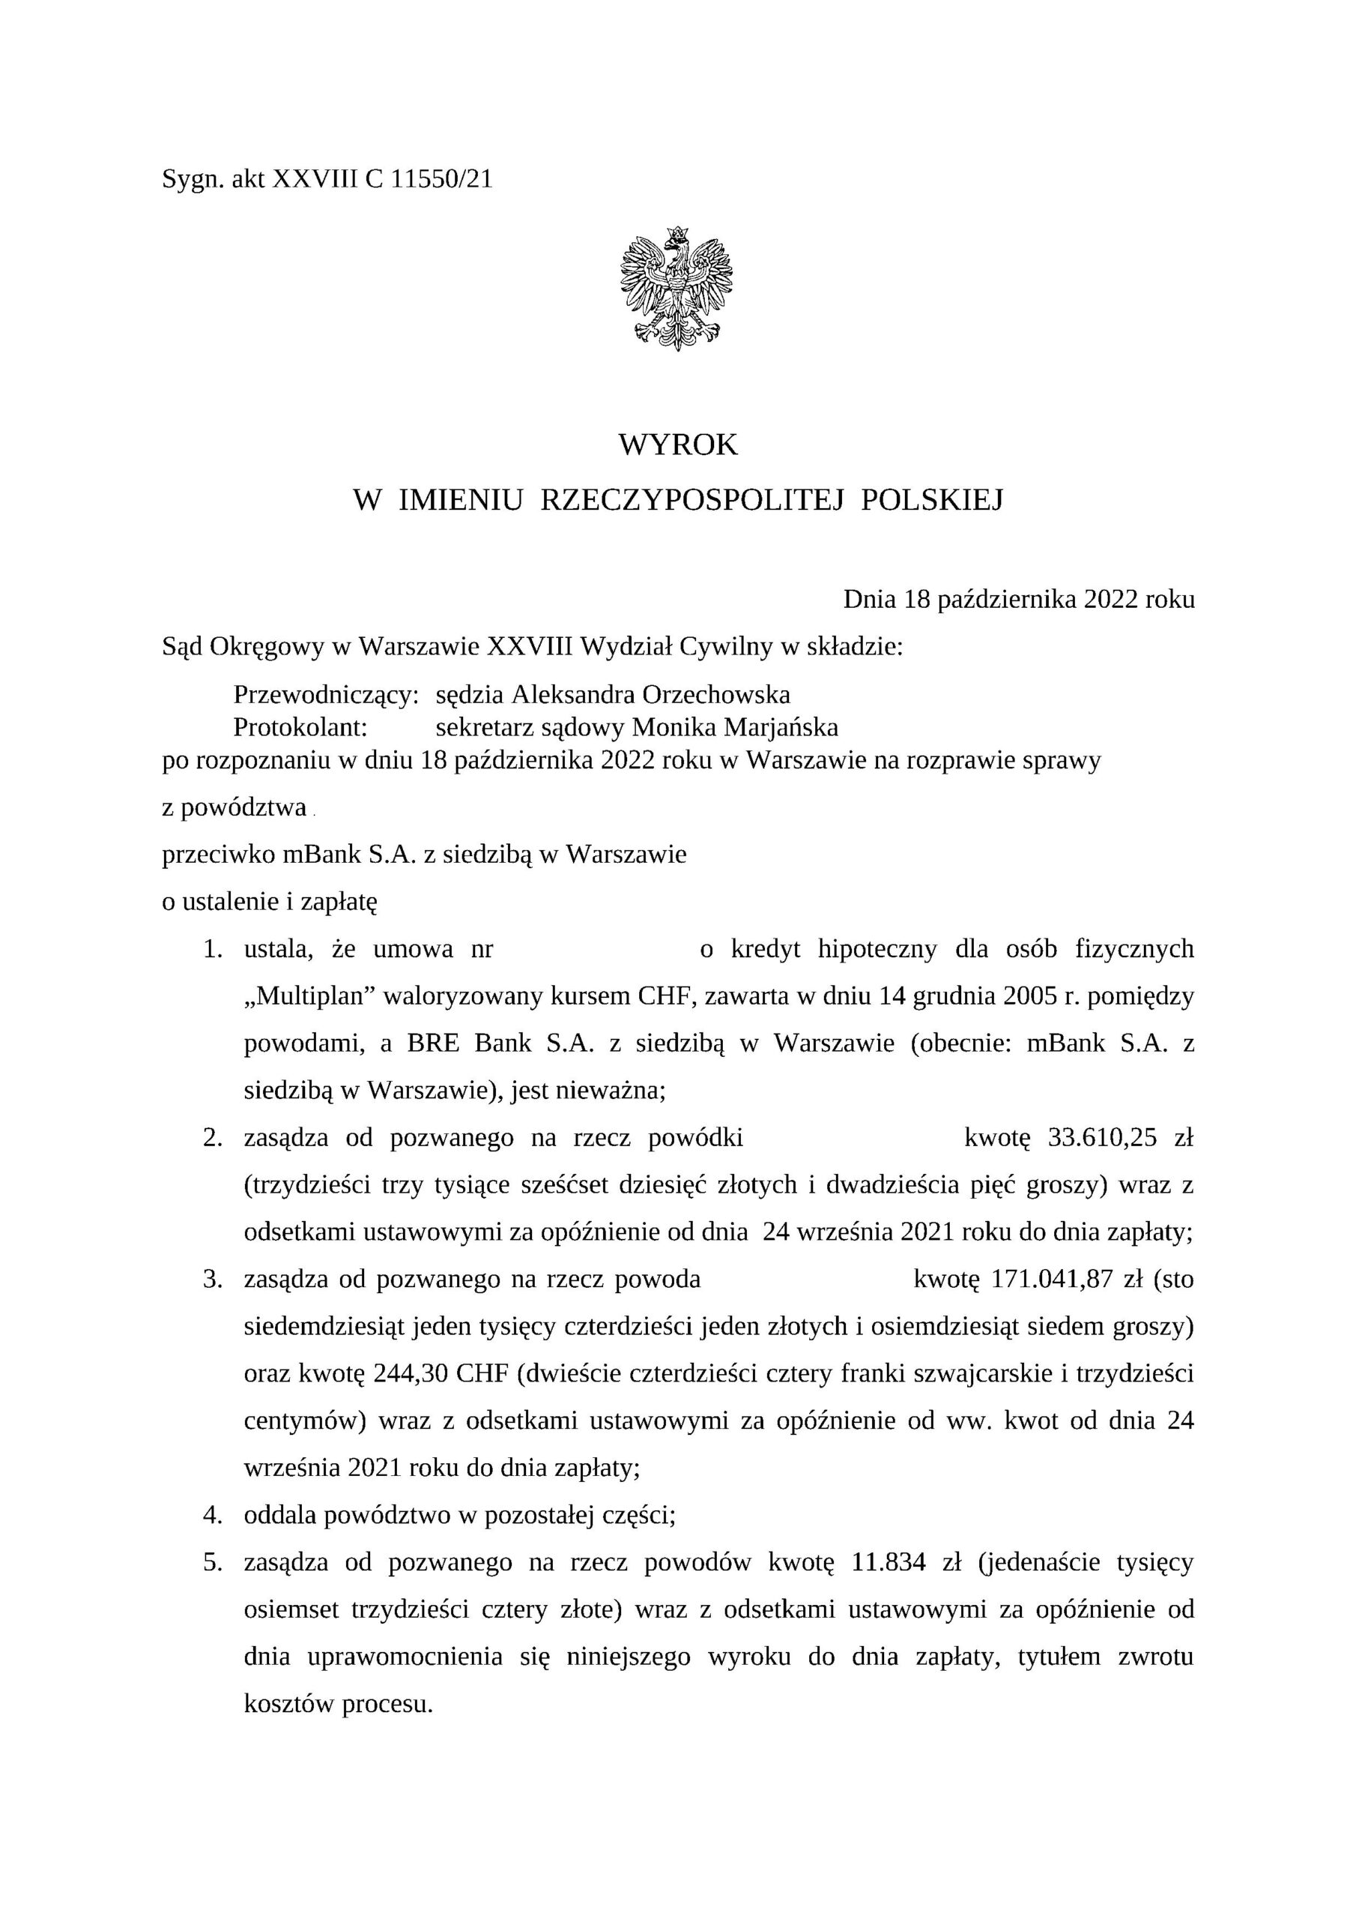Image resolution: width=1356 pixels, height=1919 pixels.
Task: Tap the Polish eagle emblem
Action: click(x=677, y=288)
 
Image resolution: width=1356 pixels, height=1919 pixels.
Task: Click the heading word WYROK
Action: click(x=677, y=445)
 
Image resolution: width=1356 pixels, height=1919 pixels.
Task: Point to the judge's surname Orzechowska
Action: click(x=716, y=695)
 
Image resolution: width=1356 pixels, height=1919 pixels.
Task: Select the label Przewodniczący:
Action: click(x=326, y=695)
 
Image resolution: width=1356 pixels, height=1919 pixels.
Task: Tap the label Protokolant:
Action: click(x=300, y=728)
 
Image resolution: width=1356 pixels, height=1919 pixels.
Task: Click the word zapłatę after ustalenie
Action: click(x=339, y=903)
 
